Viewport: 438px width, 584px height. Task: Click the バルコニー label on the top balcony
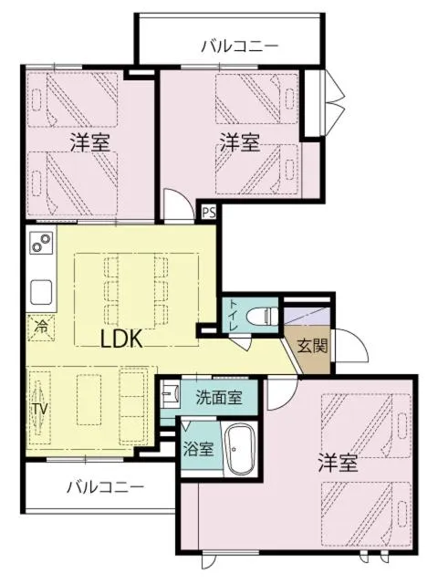239,45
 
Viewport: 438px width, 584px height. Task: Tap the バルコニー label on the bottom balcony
105,487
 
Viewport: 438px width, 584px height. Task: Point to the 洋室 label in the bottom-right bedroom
338,463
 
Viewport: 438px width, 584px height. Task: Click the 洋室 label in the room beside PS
240,142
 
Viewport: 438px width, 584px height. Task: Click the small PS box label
209,214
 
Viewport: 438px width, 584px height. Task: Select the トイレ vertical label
233,315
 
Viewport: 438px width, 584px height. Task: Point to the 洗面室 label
219,397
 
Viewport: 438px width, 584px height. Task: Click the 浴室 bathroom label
200,449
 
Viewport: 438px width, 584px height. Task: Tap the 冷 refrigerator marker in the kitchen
41,325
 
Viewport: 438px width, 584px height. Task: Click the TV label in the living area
39,409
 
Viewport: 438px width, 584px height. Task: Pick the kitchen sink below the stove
42,293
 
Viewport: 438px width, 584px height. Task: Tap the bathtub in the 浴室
242,450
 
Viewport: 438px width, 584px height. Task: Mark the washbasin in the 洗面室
170,397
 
